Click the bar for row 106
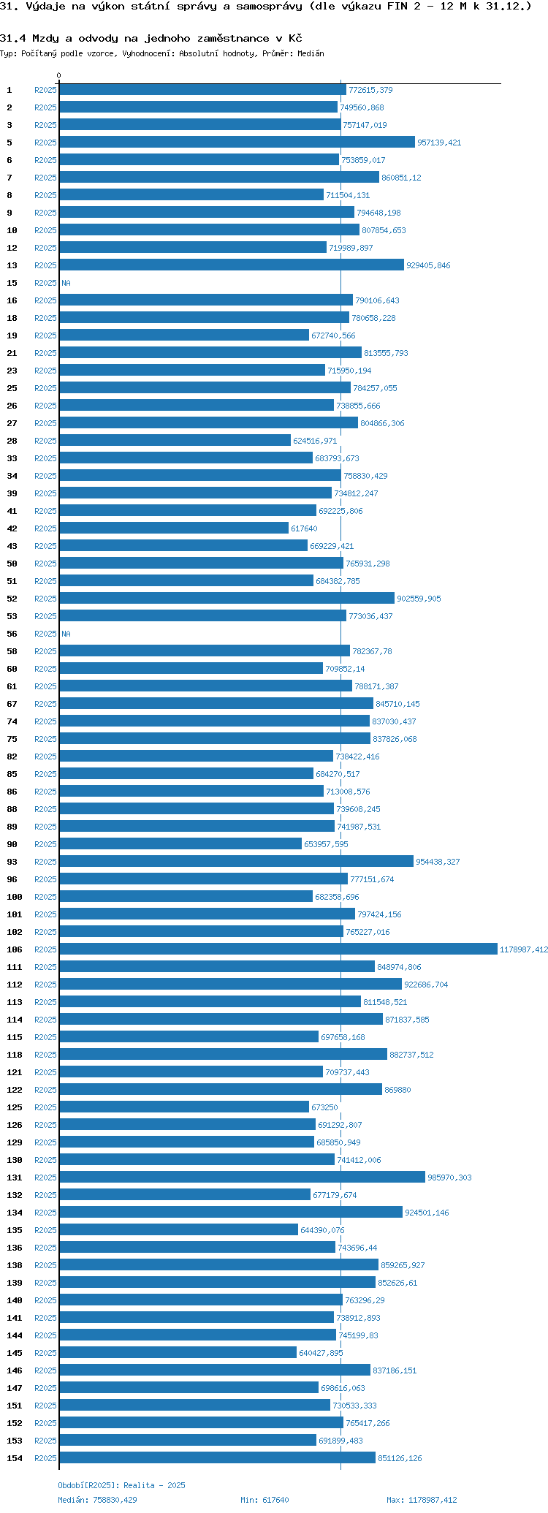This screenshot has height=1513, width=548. pyautogui.click(x=278, y=949)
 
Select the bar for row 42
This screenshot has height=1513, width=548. pyautogui.click(x=174, y=528)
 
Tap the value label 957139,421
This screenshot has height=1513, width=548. pyautogui.click(x=439, y=143)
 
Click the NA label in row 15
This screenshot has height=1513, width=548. pyautogui.click(x=66, y=283)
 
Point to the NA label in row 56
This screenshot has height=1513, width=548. pyautogui.click(x=66, y=634)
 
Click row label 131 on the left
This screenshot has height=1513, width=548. pyautogui.click(x=15, y=1178)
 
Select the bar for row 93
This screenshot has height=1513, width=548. pyautogui.click(x=236, y=861)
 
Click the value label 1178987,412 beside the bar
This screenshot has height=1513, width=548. pyautogui.click(x=523, y=949)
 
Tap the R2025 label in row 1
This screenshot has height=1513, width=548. pyautogui.click(x=45, y=90)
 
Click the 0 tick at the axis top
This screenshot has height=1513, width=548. pyautogui.click(x=59, y=75)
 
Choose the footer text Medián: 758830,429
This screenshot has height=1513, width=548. pyautogui.click(x=97, y=1500)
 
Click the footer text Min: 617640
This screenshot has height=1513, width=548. pyautogui.click(x=265, y=1500)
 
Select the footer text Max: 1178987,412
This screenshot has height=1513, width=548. pyautogui.click(x=422, y=1500)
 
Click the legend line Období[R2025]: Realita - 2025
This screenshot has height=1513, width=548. pyautogui.click(x=121, y=1485)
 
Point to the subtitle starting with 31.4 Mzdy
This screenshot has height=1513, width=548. pyautogui.click(x=151, y=38)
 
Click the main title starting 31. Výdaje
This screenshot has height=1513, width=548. pyautogui.click(x=266, y=7)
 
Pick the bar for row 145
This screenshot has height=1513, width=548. pyautogui.click(x=178, y=1352)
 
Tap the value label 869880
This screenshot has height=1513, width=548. pyautogui.click(x=397, y=1090)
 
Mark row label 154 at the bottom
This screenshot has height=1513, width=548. pyautogui.click(x=15, y=1458)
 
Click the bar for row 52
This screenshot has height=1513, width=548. pyautogui.click(x=227, y=598)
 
